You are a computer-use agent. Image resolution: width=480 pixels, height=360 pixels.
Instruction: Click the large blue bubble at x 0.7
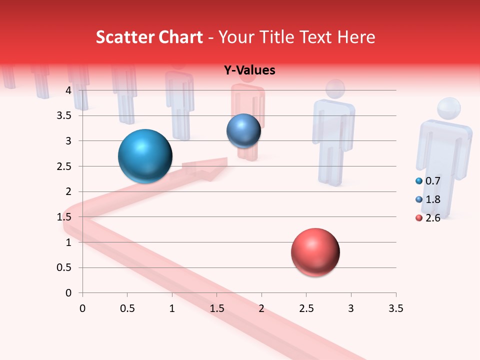tap(145, 156)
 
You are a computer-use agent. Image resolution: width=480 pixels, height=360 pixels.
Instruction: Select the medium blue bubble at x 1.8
tap(243, 130)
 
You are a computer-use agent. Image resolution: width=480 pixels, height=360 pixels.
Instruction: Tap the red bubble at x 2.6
tap(315, 252)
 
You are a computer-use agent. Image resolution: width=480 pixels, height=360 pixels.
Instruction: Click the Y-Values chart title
tap(249, 70)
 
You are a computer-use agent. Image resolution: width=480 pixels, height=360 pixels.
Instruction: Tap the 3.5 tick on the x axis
tap(395, 308)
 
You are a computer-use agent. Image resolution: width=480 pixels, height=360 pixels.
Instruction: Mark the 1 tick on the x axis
tap(172, 308)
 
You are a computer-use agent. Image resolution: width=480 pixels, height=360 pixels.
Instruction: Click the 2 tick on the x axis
tap(261, 308)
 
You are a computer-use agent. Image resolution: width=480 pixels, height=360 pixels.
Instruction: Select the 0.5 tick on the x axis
tap(127, 308)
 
